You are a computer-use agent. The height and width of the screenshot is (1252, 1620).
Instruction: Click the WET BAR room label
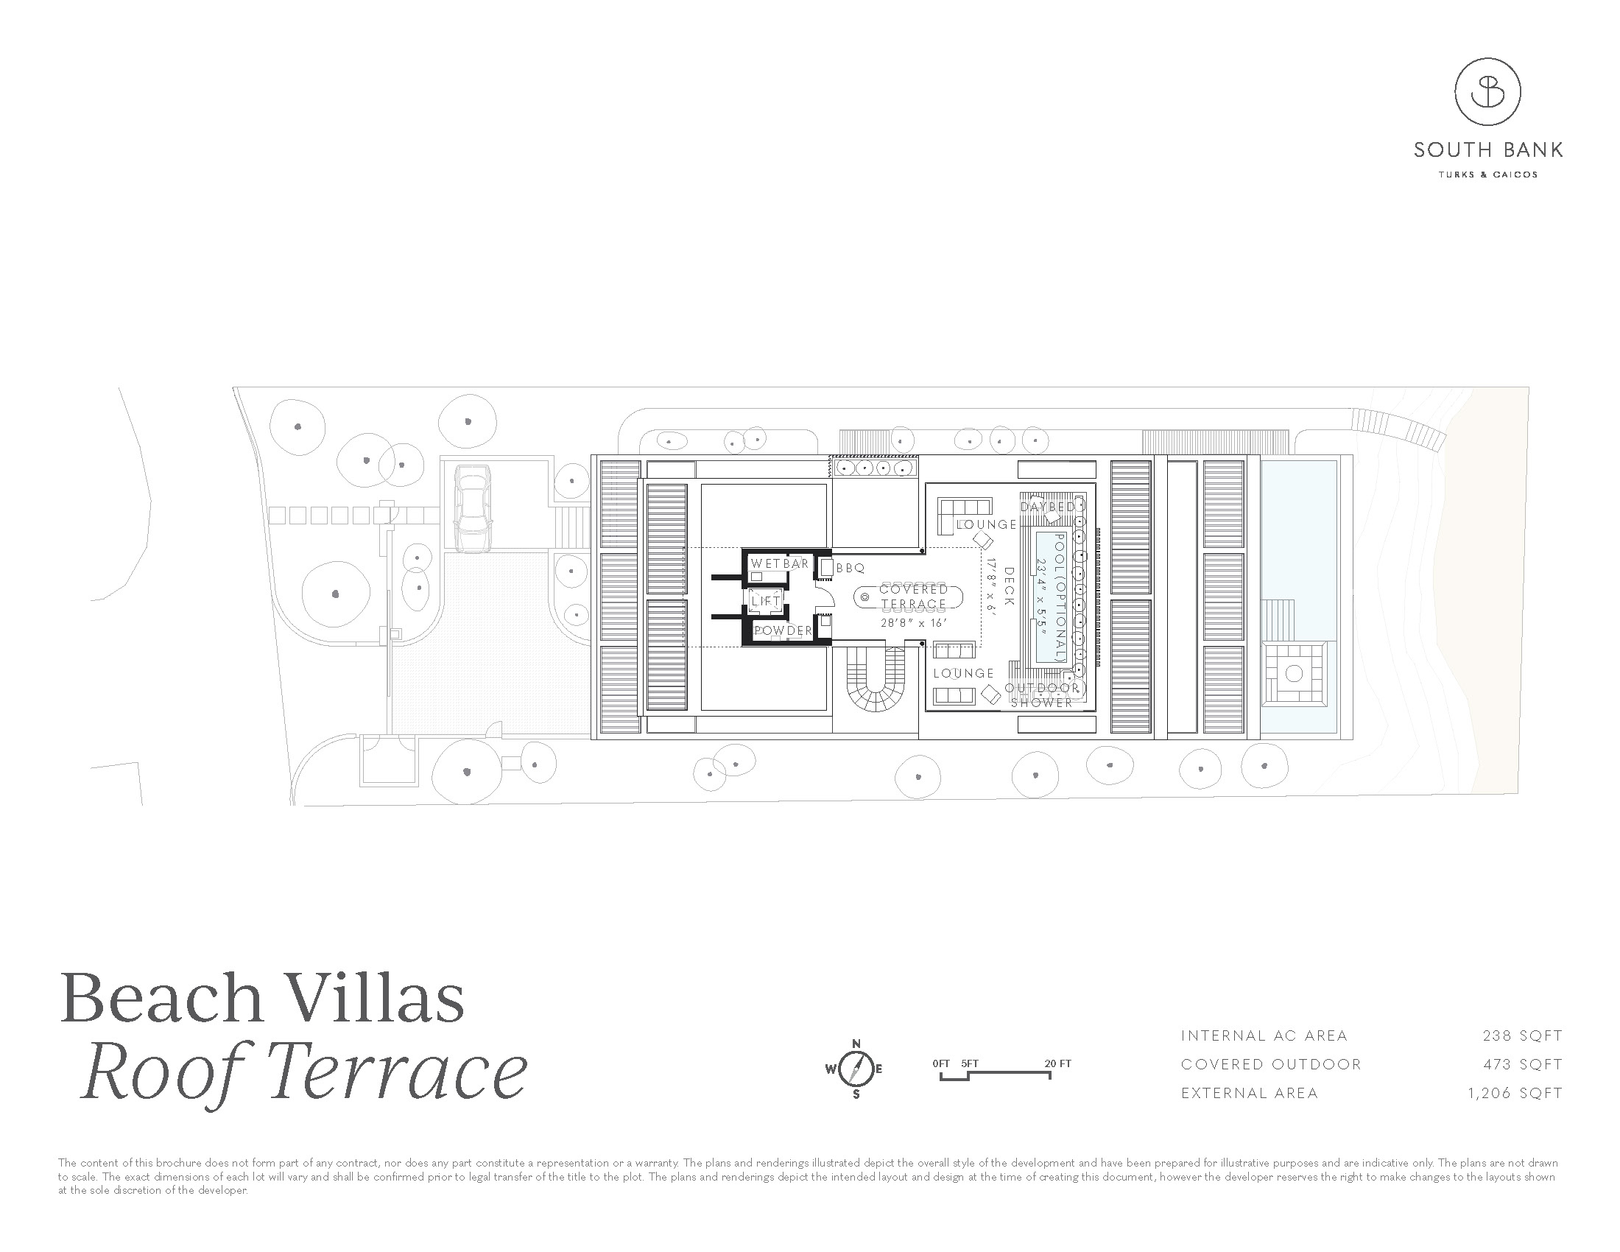[779, 563]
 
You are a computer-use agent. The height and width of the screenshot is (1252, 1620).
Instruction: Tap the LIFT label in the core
[766, 602]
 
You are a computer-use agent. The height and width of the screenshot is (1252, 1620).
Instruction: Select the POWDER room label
[783, 631]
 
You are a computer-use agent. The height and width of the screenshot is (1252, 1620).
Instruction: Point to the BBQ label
[850, 568]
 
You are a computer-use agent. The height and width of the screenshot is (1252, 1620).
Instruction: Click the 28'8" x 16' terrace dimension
[914, 623]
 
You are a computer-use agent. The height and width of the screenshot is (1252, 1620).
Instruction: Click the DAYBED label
[1047, 507]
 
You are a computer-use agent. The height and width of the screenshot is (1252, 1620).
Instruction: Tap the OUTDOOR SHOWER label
[1042, 695]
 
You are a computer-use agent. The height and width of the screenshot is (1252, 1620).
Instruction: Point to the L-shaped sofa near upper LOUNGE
[962, 511]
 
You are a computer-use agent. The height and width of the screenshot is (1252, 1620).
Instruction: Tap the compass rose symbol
[855, 1069]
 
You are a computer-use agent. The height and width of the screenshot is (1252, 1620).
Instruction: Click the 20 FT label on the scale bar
[1057, 1063]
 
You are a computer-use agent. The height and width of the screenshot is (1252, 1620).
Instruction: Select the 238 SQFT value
[1522, 1035]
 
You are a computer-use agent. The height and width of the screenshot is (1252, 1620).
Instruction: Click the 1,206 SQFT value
[1515, 1093]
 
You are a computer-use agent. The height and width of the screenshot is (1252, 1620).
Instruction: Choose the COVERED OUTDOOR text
[1271, 1064]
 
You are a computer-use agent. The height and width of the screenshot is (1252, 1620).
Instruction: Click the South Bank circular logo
[1487, 92]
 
